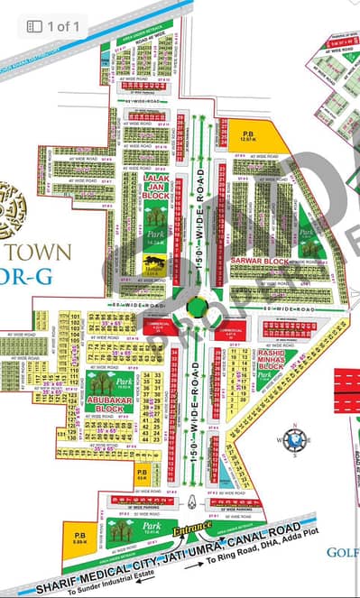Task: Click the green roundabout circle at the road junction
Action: click(x=196, y=308)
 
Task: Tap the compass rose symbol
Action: click(x=294, y=440)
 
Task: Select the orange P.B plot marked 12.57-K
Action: click(x=246, y=134)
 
